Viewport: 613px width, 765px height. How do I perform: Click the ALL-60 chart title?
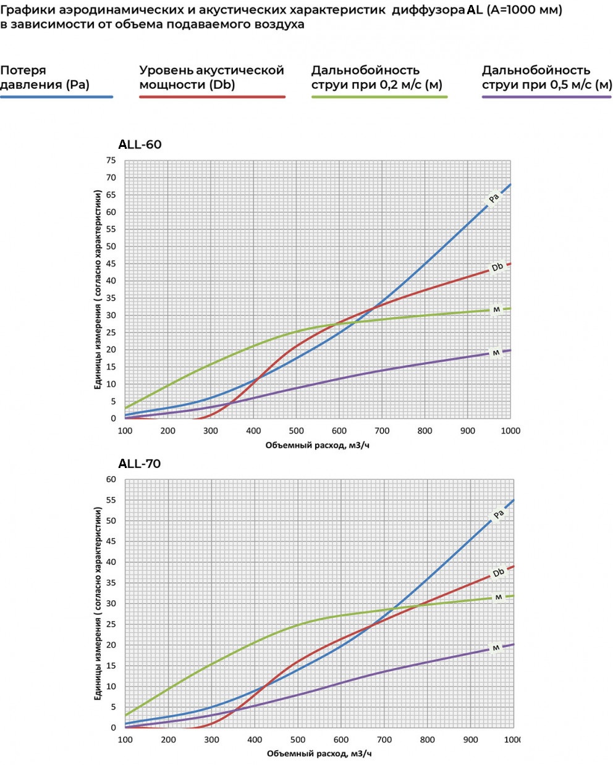pyautogui.click(x=140, y=144)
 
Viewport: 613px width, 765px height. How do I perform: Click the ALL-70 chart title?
pyautogui.click(x=140, y=464)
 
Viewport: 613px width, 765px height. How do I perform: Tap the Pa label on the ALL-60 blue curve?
pyautogui.click(x=494, y=198)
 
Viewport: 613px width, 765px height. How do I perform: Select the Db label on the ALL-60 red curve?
pyautogui.click(x=497, y=267)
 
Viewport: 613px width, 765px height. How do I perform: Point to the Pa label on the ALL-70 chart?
pyautogui.click(x=499, y=514)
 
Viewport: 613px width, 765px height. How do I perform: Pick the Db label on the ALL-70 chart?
pyautogui.click(x=499, y=572)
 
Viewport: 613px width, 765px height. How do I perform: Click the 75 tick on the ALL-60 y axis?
pyautogui.click(x=111, y=161)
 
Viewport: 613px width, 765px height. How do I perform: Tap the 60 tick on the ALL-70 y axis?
pyautogui.click(x=111, y=480)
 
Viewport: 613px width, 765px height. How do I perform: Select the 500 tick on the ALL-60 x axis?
pyautogui.click(x=297, y=431)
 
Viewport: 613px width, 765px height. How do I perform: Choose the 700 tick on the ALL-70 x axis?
pyautogui.click(x=384, y=740)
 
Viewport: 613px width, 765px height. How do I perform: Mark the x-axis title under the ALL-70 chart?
pyautogui.click(x=319, y=754)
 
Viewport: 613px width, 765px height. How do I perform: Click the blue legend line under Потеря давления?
pyautogui.click(x=56, y=97)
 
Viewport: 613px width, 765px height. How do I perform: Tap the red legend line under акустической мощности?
pyautogui.click(x=212, y=97)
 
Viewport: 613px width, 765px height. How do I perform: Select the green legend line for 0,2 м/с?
pyautogui.click(x=379, y=97)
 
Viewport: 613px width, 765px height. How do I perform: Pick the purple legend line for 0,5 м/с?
pyautogui.click(x=547, y=97)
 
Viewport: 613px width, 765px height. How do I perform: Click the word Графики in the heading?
pyautogui.click(x=27, y=10)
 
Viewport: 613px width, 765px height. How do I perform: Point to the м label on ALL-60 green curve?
pyautogui.click(x=496, y=309)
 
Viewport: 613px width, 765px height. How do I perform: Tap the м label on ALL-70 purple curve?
pyautogui.click(x=496, y=648)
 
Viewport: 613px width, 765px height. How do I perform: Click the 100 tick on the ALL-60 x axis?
pyautogui.click(x=125, y=431)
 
